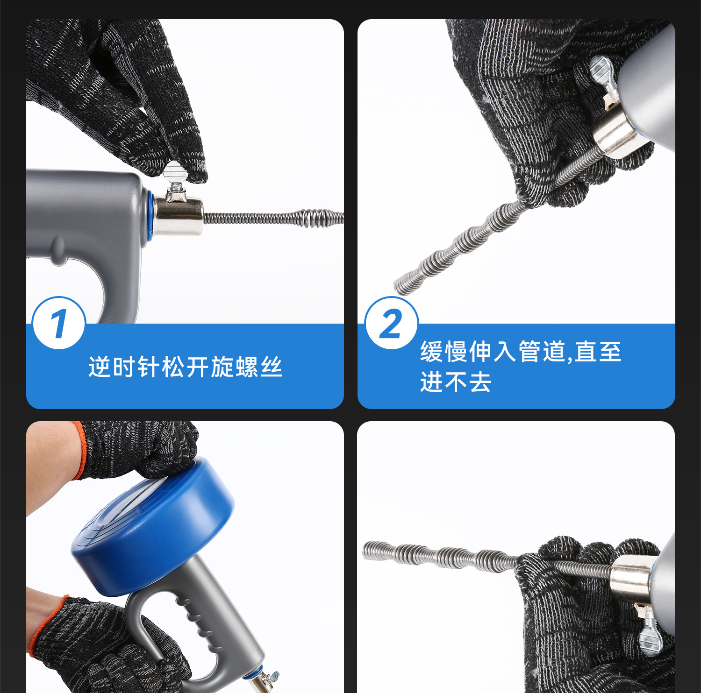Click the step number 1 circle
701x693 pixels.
coord(59,323)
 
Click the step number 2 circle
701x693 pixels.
coord(391,323)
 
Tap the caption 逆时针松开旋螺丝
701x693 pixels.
coord(185,367)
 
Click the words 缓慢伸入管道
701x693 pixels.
coord(493,352)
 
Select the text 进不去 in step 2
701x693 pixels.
coord(456,382)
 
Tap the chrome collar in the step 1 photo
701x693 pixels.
coord(179,215)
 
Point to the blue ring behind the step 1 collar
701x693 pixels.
coord(150,215)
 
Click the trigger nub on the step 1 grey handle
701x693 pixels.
coord(58,250)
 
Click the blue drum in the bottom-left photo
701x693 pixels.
coord(152,527)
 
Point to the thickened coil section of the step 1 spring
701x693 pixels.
coord(322,218)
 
